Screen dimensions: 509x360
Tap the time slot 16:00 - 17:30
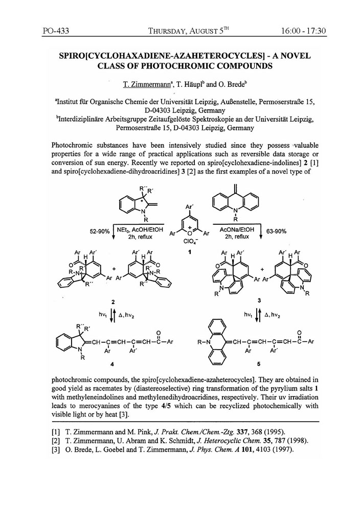pos(303,31)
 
